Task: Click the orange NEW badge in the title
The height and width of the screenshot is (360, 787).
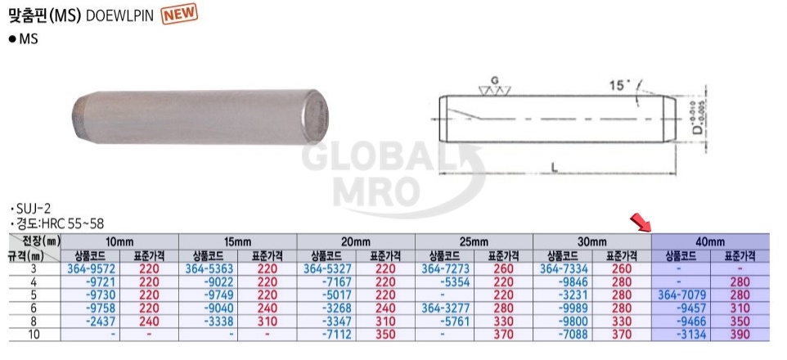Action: tap(179, 14)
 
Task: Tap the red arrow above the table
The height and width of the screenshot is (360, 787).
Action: tap(641, 223)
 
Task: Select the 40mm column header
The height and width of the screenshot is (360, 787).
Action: tap(710, 241)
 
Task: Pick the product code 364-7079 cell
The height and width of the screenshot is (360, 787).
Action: tap(681, 295)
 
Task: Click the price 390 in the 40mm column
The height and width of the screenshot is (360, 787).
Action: tap(740, 334)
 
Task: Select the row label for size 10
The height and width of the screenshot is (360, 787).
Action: tap(34, 334)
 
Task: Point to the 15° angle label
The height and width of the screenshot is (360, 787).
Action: tap(619, 85)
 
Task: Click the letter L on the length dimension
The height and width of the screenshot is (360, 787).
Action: tap(555, 169)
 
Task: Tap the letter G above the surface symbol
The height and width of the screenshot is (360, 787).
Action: tap(495, 80)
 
